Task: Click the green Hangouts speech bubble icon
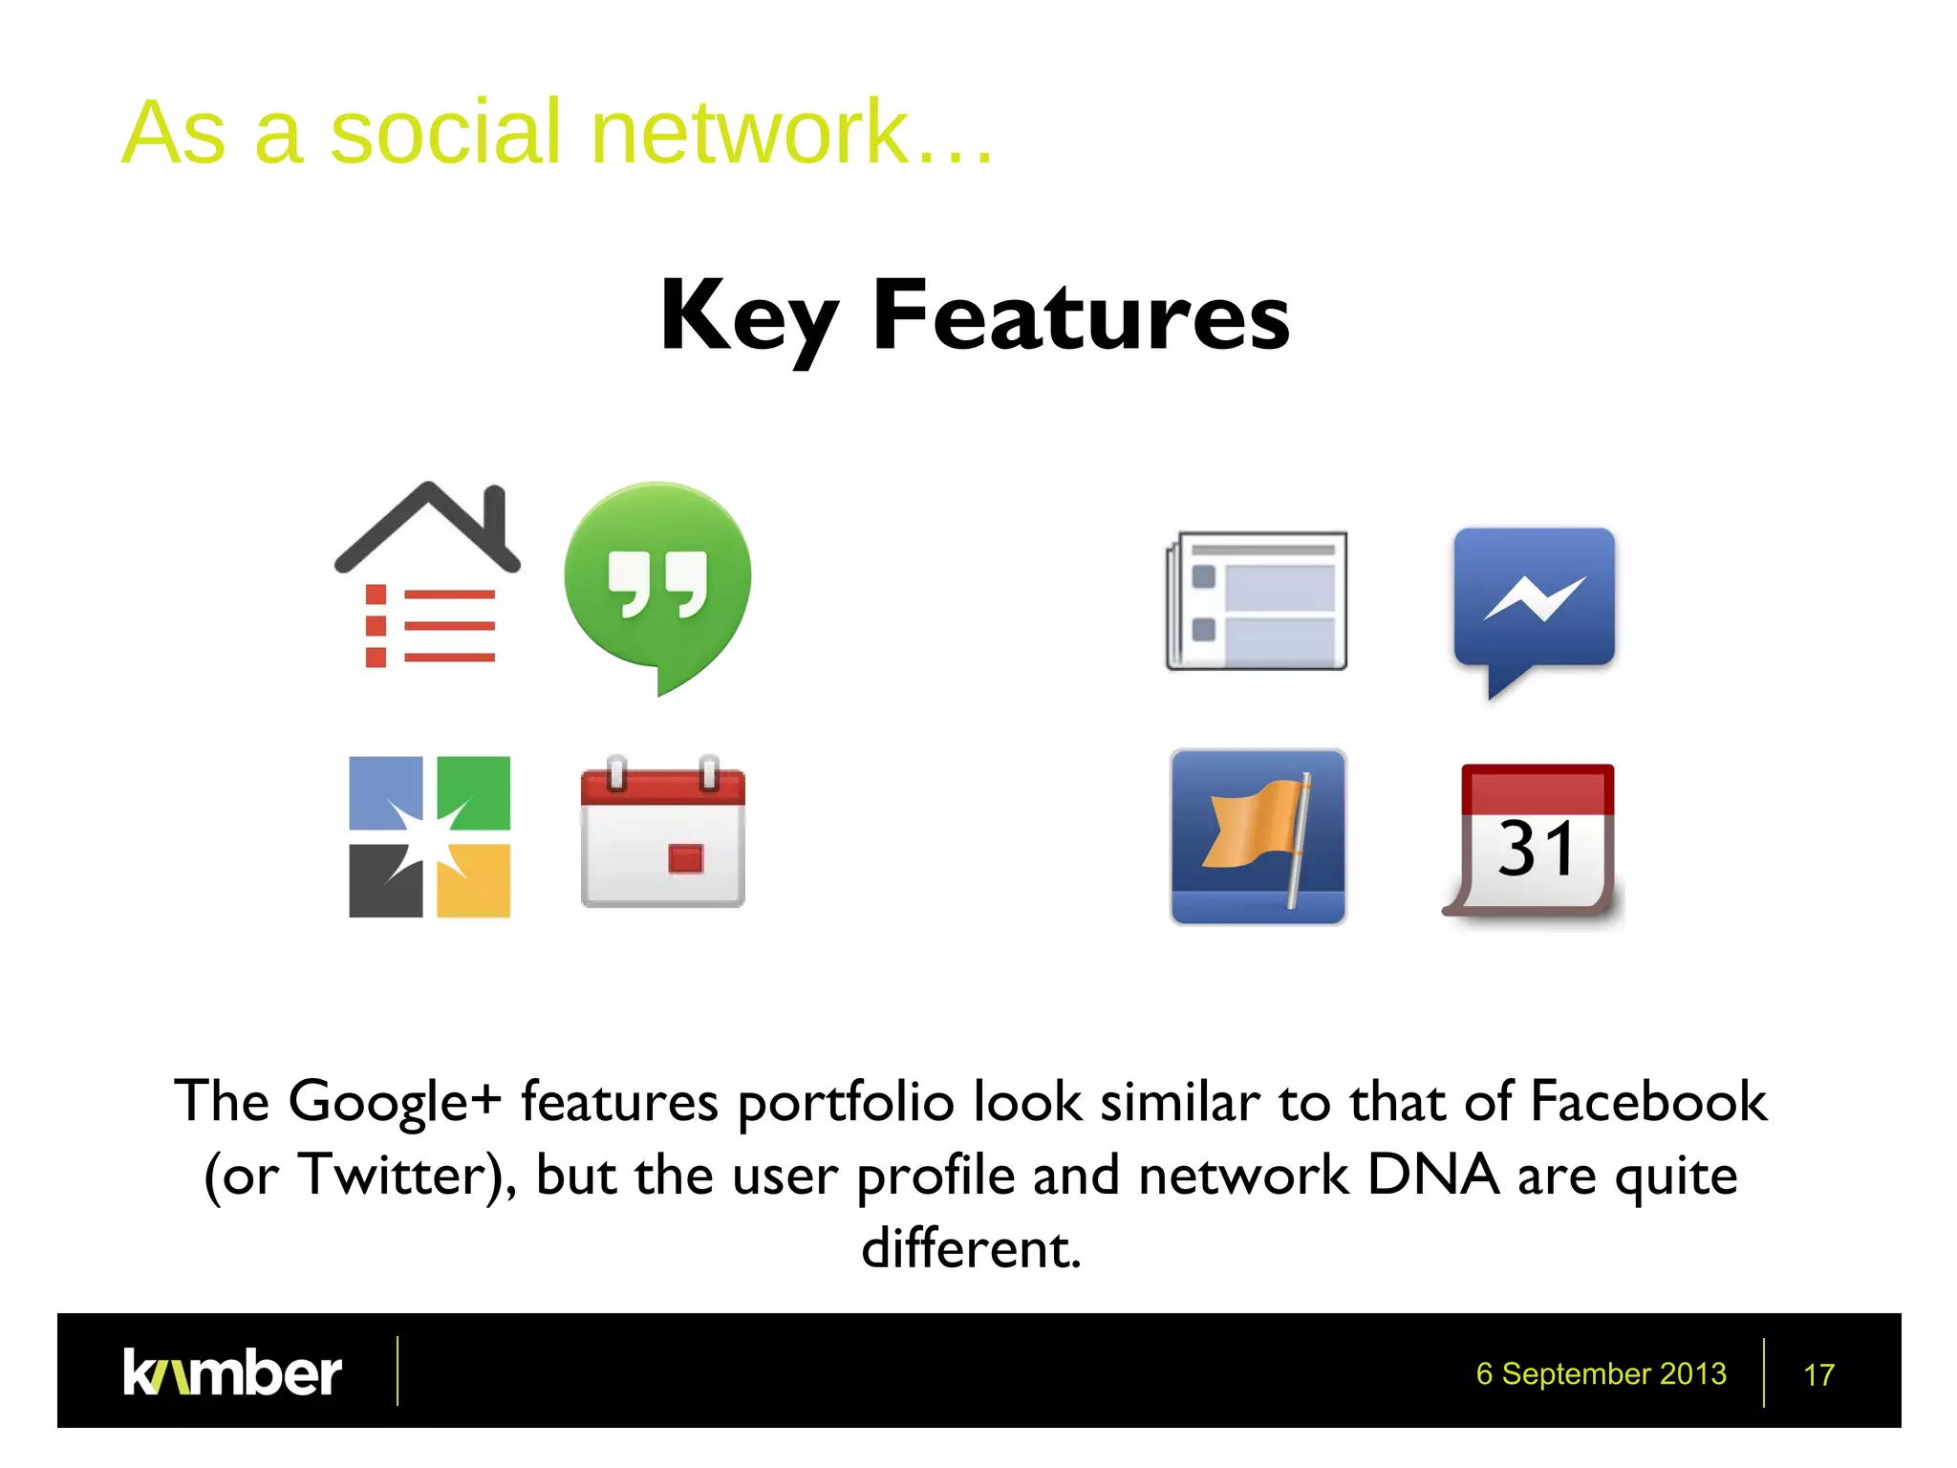(657, 583)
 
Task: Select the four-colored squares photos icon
(429, 836)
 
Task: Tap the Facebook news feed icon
(1257, 600)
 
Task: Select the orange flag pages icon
(1258, 836)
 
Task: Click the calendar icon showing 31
(1534, 841)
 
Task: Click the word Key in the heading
(749, 317)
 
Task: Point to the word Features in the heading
(1081, 315)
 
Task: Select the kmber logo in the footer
(232, 1372)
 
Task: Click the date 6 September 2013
(1601, 1373)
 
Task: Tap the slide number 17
(1817, 1374)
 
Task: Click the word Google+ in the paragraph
(395, 1101)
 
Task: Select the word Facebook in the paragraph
(1648, 1101)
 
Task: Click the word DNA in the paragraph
(1433, 1175)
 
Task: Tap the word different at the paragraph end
(971, 1248)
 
